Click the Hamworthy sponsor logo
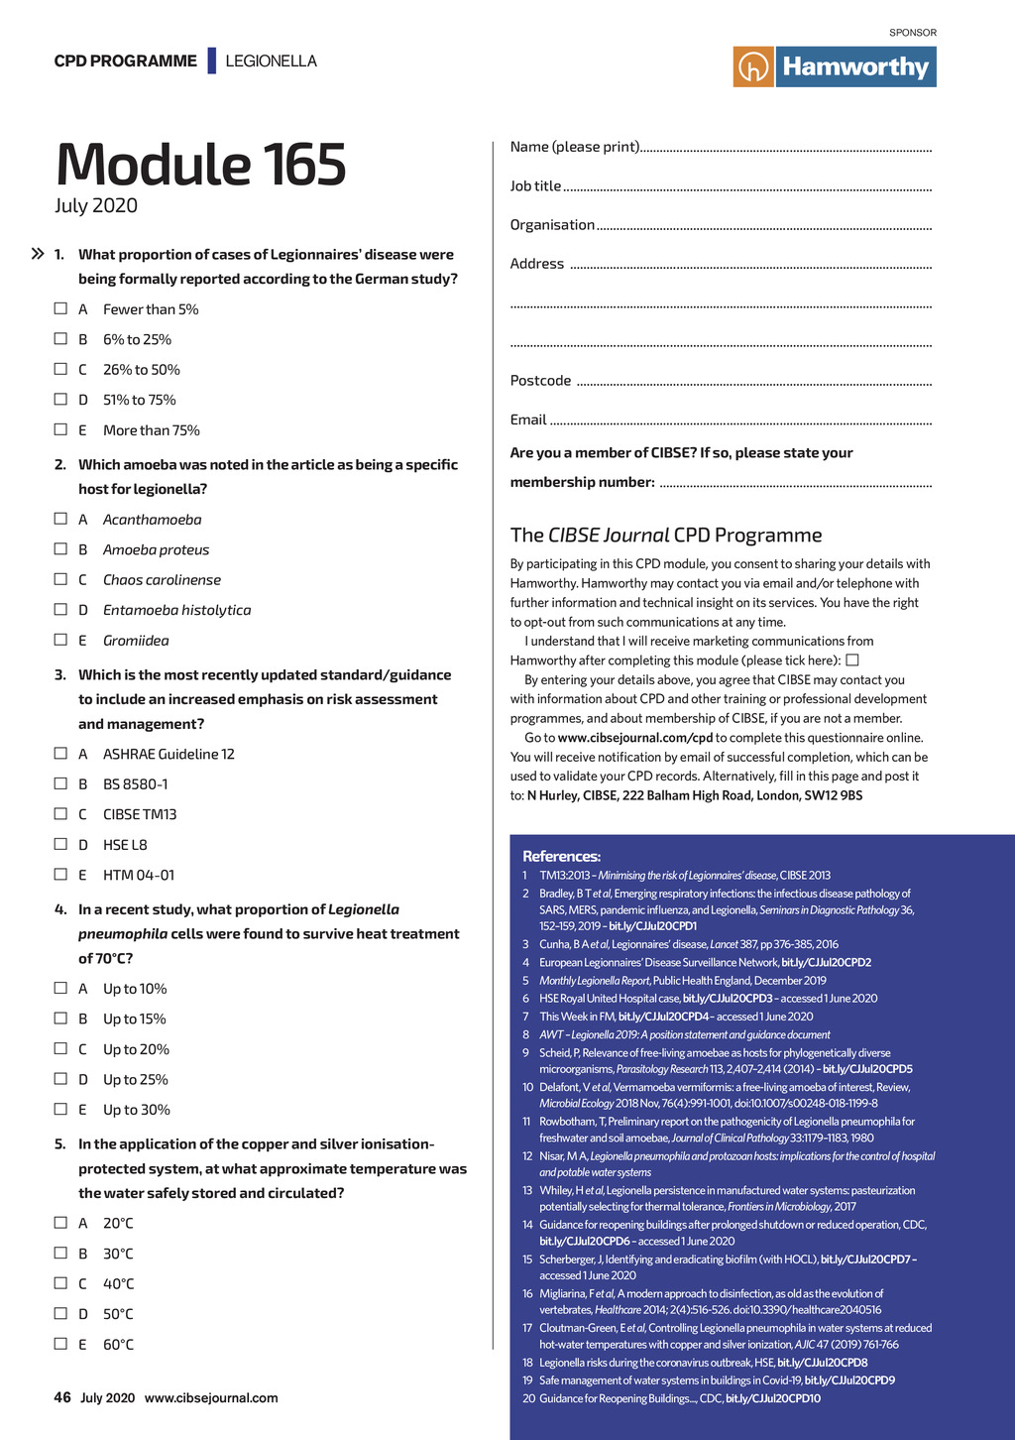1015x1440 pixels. (x=835, y=66)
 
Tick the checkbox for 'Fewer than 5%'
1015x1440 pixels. (x=60, y=308)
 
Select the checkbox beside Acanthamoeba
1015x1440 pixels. (x=60, y=519)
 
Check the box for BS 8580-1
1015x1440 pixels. (x=60, y=783)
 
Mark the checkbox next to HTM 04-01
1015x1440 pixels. (x=60, y=875)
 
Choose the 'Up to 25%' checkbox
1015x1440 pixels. (x=60, y=1079)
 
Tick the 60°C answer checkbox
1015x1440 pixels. (x=60, y=1344)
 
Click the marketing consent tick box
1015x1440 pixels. (x=851, y=660)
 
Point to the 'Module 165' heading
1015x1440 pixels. (x=201, y=165)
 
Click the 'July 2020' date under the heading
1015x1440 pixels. (x=96, y=206)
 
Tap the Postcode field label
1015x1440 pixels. (x=540, y=381)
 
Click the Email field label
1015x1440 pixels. (x=528, y=420)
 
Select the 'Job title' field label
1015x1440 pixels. (x=535, y=186)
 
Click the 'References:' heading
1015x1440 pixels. (x=561, y=856)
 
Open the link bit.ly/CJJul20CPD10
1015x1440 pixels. (x=773, y=1398)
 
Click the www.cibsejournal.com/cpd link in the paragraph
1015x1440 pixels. (x=635, y=738)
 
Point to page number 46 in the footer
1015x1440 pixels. (x=62, y=1397)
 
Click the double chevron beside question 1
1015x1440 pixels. (x=38, y=255)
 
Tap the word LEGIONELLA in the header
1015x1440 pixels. (x=271, y=61)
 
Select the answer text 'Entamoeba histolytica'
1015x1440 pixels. (x=176, y=610)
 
